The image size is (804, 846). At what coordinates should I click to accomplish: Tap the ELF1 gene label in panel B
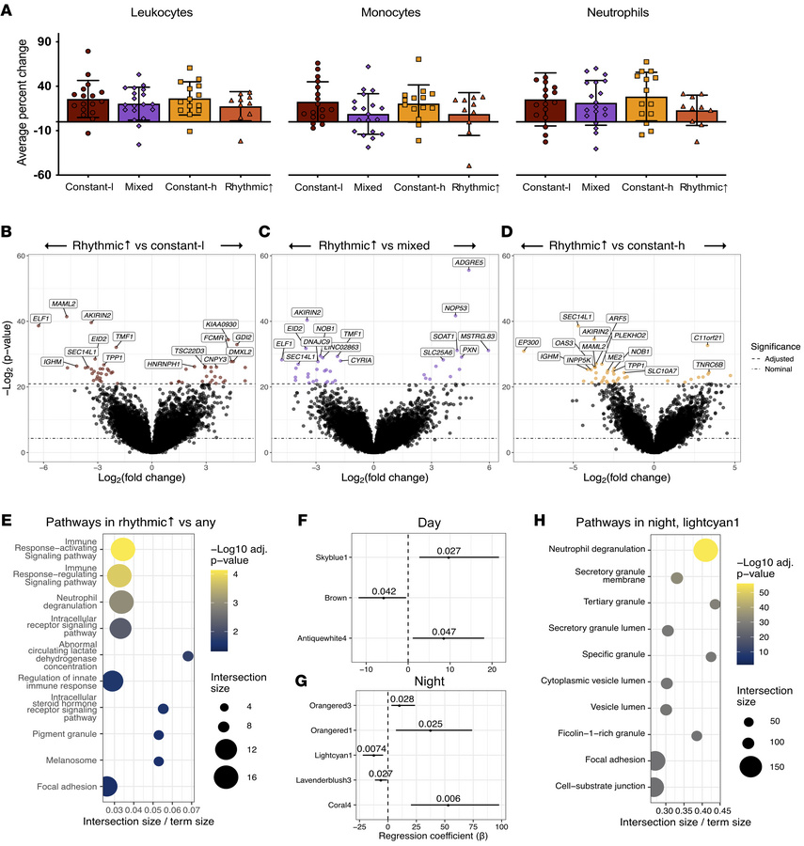click(41, 319)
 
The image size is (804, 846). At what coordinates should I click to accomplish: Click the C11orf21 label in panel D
click(707, 337)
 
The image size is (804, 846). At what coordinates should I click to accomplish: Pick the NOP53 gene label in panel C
click(457, 307)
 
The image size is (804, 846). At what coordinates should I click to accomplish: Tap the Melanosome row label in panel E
click(73, 760)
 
